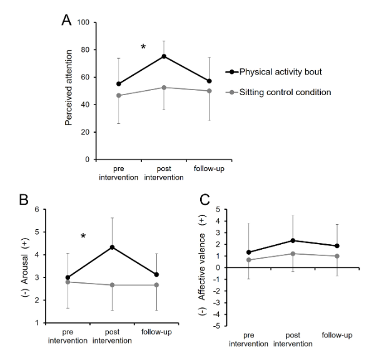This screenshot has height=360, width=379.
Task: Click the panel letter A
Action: (x=66, y=20)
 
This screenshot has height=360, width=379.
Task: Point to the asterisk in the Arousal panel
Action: (x=83, y=237)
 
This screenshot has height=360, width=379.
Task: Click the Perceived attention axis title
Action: (x=69, y=91)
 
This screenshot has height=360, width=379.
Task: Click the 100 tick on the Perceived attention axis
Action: (x=83, y=23)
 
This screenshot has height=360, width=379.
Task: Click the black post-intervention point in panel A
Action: (x=164, y=56)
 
